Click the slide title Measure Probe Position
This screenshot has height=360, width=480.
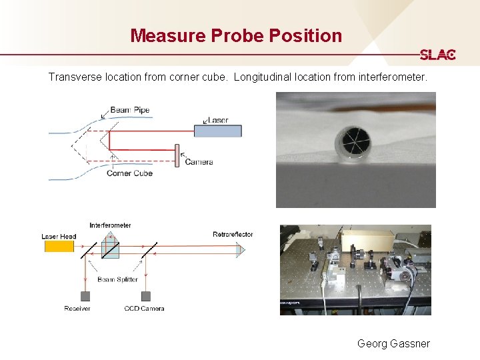click(236, 35)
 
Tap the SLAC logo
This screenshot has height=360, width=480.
click(437, 55)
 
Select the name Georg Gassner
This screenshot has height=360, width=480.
click(393, 343)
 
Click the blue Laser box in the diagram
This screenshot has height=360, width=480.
click(218, 131)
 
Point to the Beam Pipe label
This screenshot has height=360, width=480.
click(130, 110)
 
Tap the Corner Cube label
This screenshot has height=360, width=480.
click(129, 173)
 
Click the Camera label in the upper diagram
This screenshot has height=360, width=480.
click(199, 162)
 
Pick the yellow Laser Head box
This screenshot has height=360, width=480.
click(59, 246)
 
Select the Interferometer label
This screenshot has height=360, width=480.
click(110, 225)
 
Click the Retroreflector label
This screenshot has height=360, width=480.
click(233, 234)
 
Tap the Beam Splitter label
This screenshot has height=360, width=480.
click(117, 279)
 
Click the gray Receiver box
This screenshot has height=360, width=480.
click(85, 296)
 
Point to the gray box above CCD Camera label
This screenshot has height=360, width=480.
click(144, 296)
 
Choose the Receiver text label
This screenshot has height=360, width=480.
click(77, 308)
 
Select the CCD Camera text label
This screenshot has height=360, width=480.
click(144, 308)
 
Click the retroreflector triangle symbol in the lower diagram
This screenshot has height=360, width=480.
click(241, 250)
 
